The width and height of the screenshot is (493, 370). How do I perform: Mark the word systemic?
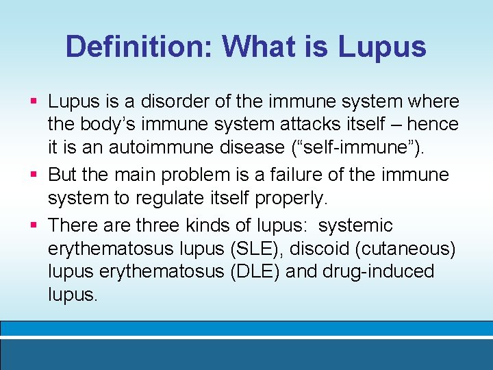[355, 225]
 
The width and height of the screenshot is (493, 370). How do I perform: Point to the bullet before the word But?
[34, 174]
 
